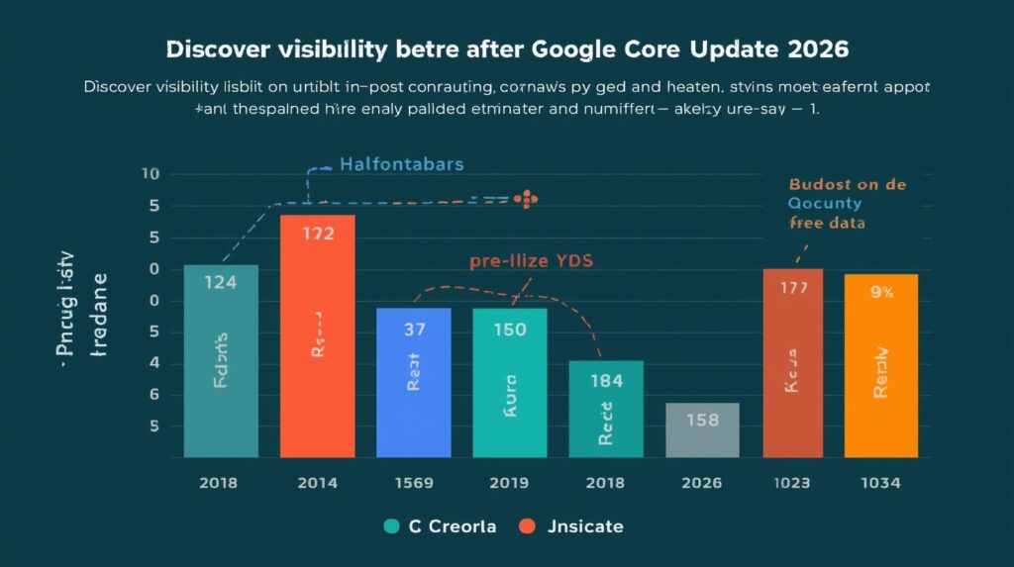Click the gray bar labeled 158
pos(702,430)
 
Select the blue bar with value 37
pos(413,383)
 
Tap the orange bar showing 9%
pos(880,366)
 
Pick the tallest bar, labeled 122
pos(317,336)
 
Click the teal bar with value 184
pos(606,409)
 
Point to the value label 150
pos(509,330)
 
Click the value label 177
pos(793,288)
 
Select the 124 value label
pos(220,282)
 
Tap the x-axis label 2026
pos(702,483)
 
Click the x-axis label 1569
pos(413,483)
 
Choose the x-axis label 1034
pos(880,483)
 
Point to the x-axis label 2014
pos(317,483)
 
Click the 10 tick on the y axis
pos(151,175)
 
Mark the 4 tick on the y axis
pos(153,363)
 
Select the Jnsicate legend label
pos(584,526)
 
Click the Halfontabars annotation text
pos(401,164)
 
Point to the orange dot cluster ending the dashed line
pos(526,199)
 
